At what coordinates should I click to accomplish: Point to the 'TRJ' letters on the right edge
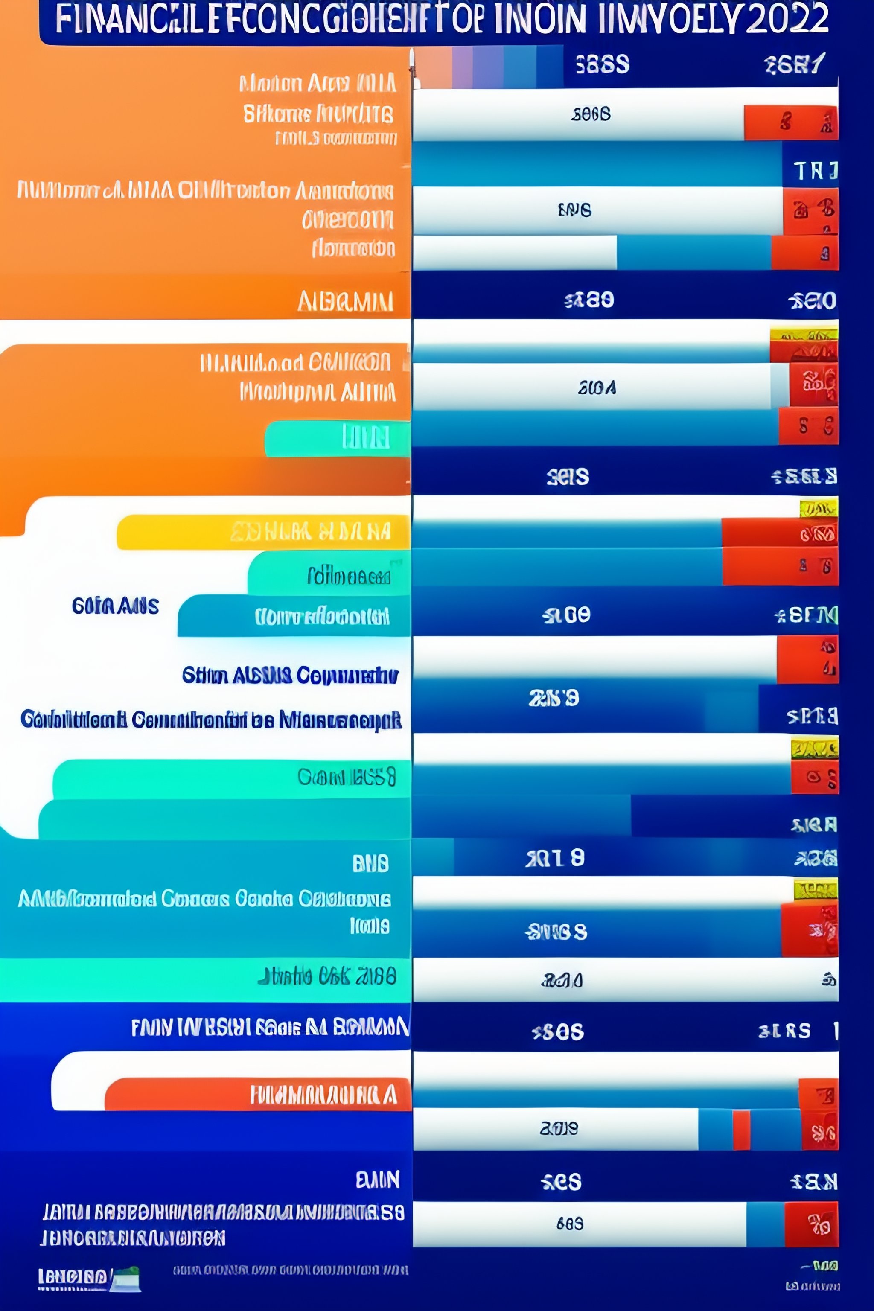click(x=815, y=171)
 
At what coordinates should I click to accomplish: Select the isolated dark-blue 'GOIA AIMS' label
click(x=115, y=606)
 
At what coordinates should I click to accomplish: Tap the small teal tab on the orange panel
click(x=337, y=438)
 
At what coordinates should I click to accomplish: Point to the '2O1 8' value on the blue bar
click(x=555, y=858)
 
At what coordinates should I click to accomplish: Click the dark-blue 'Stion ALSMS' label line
click(x=290, y=676)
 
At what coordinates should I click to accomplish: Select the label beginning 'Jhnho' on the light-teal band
click(x=326, y=976)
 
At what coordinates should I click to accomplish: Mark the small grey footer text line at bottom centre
click(x=290, y=1270)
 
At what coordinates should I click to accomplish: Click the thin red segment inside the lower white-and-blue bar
click(x=741, y=1129)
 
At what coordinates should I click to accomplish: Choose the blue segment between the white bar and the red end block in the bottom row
click(x=765, y=1224)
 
